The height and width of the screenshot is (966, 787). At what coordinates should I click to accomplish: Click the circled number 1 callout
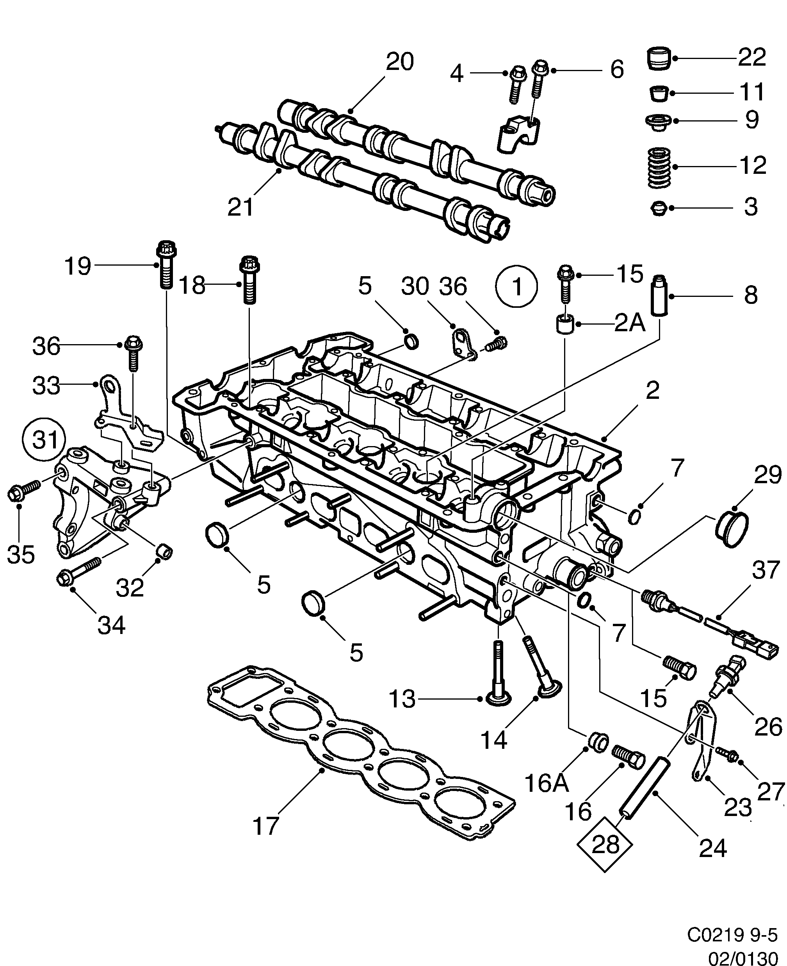[517, 287]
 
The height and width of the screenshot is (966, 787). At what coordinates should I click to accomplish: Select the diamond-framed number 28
[605, 844]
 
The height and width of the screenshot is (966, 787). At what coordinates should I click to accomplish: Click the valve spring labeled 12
[658, 167]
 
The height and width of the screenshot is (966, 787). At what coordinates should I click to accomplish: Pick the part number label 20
[399, 62]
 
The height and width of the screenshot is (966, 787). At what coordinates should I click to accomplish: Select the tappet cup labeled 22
[658, 58]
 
